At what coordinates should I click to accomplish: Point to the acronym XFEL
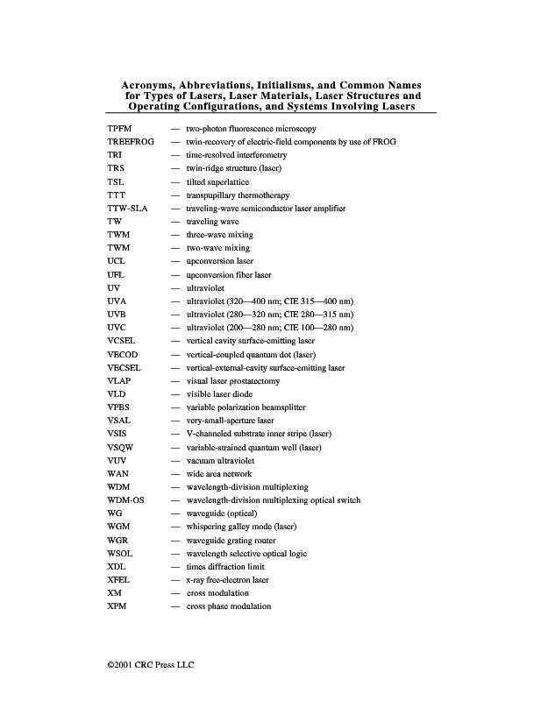pos(117,580)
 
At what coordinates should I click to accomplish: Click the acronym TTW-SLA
pos(125,209)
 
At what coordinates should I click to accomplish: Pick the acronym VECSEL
pos(122,367)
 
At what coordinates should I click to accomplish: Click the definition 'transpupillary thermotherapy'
pos(238,195)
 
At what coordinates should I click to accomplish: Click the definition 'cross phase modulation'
pos(228,606)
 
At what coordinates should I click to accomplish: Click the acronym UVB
pos(116,315)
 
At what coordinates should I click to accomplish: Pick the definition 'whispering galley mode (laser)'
pos(241,527)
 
